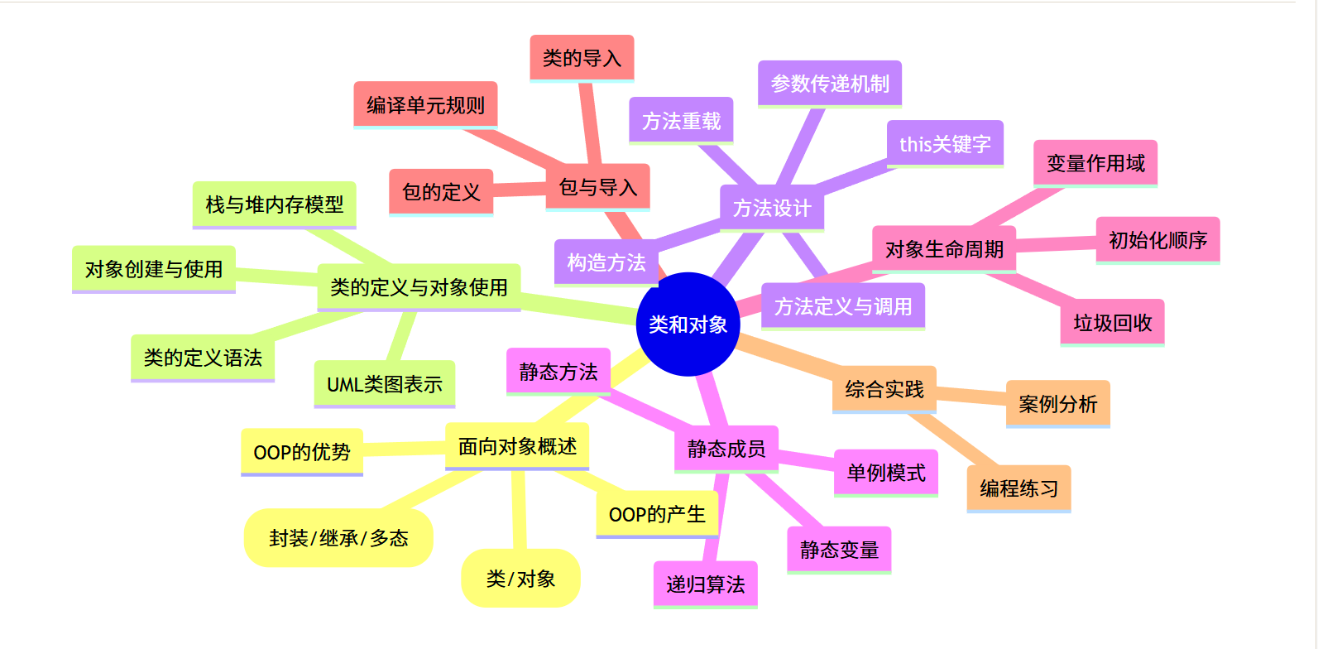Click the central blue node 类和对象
[x=688, y=324]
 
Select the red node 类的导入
[x=582, y=58]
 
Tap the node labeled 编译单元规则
[x=425, y=105]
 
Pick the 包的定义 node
[x=441, y=192]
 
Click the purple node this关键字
[x=945, y=144]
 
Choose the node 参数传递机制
[x=830, y=84]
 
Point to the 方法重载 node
[x=681, y=121]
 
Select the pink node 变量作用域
[x=1095, y=163]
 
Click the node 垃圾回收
[x=1113, y=322]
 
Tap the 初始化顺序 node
[x=1157, y=240]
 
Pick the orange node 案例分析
[x=1057, y=404]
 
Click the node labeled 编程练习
[x=1018, y=488]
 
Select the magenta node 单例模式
[x=886, y=473]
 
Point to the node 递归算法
[x=705, y=584]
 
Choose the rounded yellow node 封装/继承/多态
[x=338, y=538]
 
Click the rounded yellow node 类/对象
[x=520, y=579]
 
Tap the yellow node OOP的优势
[x=302, y=452]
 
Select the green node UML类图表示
[x=385, y=384]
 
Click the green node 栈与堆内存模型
[x=274, y=204]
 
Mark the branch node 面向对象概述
[x=517, y=446]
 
